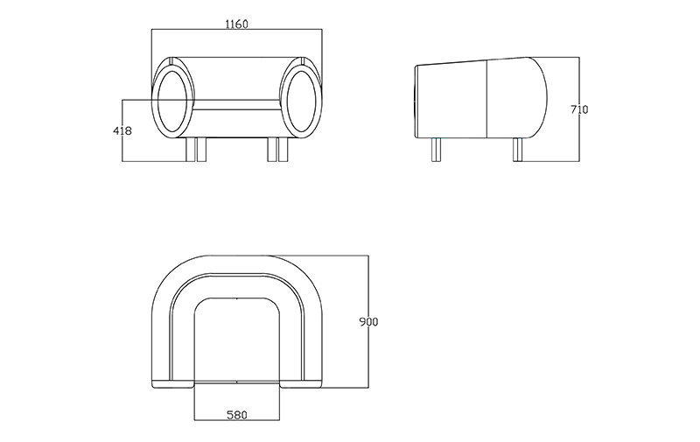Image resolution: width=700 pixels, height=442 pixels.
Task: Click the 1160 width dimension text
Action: pos(236,25)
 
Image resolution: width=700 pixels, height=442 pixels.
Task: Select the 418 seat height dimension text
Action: pos(122,131)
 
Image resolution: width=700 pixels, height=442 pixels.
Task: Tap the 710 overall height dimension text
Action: pos(578,110)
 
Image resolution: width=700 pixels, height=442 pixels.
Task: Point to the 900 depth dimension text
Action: pos(368,322)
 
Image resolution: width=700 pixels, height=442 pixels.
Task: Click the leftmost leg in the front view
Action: pos(192,150)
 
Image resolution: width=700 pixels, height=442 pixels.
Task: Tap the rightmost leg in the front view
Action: pos(282,150)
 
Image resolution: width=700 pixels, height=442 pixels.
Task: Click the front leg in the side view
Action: pos(437,151)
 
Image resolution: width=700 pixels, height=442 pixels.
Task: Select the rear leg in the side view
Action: pos(517,151)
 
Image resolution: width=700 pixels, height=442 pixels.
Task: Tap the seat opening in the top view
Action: pos(237,341)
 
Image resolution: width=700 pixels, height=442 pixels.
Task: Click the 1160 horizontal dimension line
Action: pos(236,32)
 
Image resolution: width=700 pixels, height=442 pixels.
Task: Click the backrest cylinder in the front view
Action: pos(237,83)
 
